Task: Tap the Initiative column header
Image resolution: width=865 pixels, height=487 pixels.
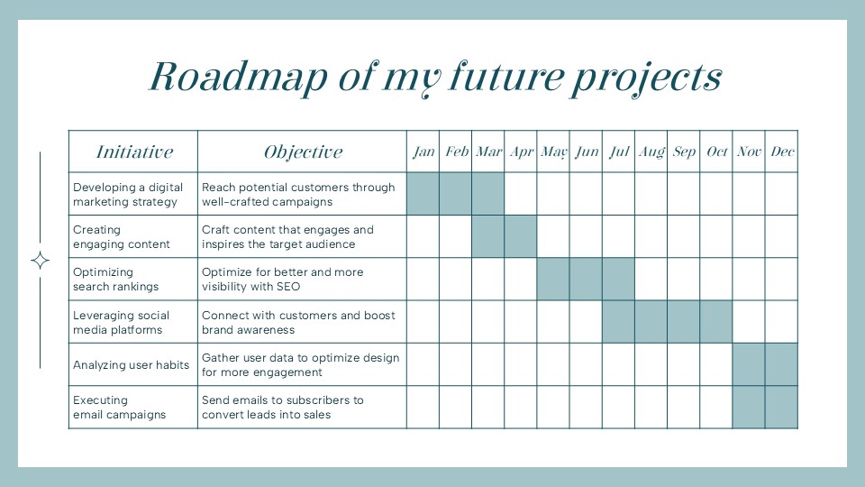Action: coord(134,152)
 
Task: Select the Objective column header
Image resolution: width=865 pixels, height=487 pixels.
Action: coord(303,152)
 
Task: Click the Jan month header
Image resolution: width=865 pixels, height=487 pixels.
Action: coord(423,152)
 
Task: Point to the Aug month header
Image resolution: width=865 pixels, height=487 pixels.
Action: coord(651,152)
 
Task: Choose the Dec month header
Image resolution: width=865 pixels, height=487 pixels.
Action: coord(782,152)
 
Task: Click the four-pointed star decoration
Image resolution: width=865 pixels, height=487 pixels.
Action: coord(41,260)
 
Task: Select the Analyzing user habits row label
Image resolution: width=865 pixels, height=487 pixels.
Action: coord(131,365)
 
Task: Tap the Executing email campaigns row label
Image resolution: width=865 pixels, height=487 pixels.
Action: coord(119,408)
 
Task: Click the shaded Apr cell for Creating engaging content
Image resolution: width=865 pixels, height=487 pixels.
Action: coord(521,236)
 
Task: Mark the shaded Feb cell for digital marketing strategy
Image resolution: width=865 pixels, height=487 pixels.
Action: coord(456,194)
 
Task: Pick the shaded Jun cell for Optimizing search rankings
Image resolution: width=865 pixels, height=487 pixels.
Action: coord(586,280)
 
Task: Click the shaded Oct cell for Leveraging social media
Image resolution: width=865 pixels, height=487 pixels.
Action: coord(716,322)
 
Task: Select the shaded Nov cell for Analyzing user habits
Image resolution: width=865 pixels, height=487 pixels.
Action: coord(749,364)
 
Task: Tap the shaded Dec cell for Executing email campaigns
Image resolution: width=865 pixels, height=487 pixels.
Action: coord(782,408)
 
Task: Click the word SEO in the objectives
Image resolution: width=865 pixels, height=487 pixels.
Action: coord(288,287)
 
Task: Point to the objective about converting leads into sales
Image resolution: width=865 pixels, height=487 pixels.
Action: coord(282,408)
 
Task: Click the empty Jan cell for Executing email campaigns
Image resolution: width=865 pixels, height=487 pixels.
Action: coord(423,408)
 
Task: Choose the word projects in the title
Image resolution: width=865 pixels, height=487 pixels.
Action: coord(646,78)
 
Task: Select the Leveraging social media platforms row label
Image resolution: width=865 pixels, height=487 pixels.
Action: coord(121,323)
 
